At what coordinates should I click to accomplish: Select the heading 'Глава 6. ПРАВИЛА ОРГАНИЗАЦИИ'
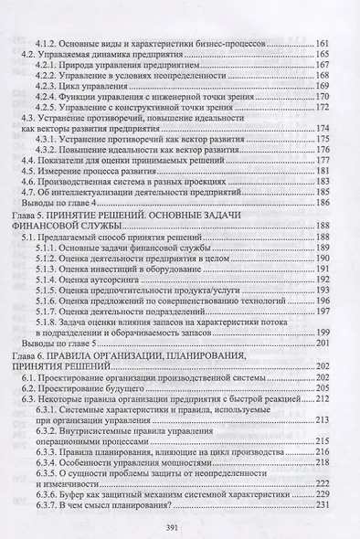point(110,353)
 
